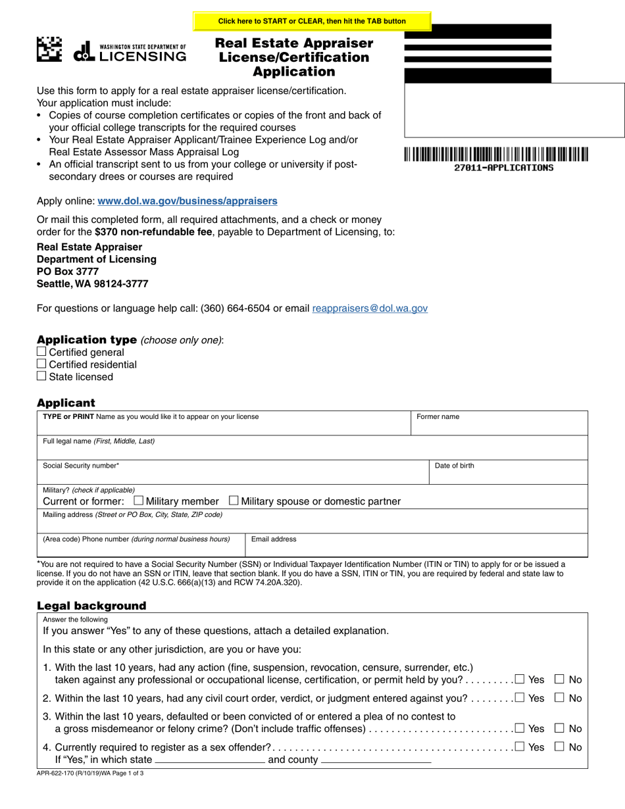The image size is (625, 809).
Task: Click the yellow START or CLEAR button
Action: tap(312, 21)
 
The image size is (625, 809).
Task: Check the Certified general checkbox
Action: tap(41, 352)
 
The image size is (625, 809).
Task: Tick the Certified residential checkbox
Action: tap(41, 364)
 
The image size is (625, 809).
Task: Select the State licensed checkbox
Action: tap(41, 376)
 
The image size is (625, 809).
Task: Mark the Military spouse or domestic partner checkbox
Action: tap(233, 501)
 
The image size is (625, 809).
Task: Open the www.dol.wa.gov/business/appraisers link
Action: tap(187, 201)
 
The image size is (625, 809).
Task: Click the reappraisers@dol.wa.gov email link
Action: tap(370, 308)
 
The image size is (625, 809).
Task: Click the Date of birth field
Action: tap(508, 475)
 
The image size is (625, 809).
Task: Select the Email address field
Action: tap(416, 548)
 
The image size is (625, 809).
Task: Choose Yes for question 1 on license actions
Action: tap(520, 679)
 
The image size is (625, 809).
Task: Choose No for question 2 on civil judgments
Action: tap(560, 698)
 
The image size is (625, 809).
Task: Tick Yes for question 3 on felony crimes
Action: tap(520, 728)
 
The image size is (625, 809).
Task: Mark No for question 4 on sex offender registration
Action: tap(560, 747)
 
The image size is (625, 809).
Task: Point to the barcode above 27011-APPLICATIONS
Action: tap(496, 155)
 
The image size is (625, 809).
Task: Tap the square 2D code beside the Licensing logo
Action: tap(49, 49)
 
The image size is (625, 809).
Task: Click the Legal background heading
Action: tap(91, 606)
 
